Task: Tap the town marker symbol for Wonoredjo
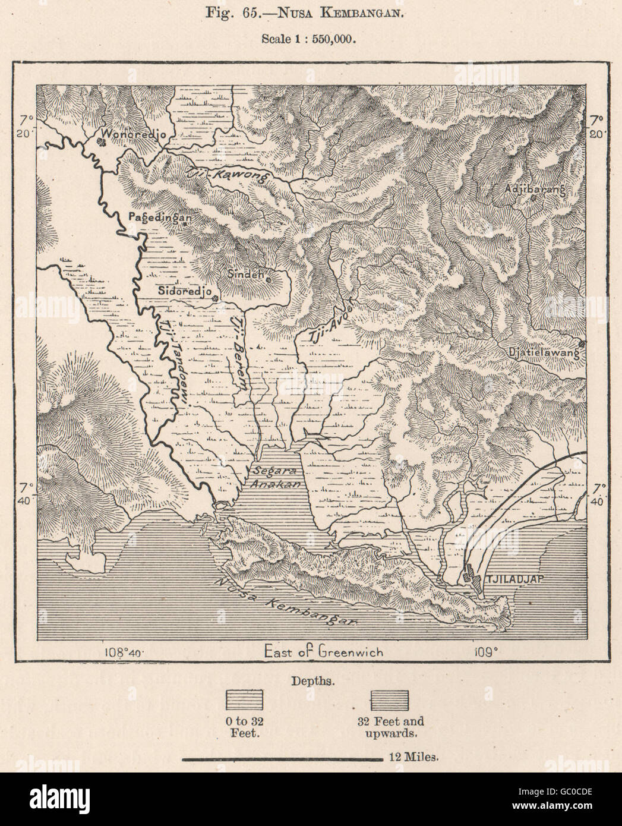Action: coord(102,141)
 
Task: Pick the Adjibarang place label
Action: coord(532,189)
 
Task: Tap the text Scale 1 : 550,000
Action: coord(308,40)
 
